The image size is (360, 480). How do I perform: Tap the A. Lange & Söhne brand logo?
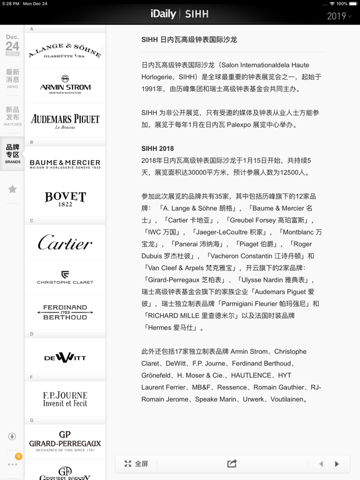click(65, 51)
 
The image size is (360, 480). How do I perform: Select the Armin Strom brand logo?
click(65, 85)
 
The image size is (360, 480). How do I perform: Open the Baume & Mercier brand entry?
click(65, 164)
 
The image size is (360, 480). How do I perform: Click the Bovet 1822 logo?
click(65, 199)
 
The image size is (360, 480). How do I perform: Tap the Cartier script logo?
click(65, 242)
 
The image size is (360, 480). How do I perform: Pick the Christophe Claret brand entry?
click(65, 277)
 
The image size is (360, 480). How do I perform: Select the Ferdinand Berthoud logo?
click(65, 312)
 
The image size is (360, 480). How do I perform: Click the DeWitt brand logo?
click(65, 357)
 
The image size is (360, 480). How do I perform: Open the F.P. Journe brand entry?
click(65, 399)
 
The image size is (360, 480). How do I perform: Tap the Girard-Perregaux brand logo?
click(65, 441)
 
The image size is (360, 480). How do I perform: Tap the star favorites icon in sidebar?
click(12, 189)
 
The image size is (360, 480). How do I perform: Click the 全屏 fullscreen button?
click(136, 464)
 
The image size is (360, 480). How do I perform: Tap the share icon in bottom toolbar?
click(232, 464)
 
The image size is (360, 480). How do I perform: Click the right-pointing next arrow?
click(337, 464)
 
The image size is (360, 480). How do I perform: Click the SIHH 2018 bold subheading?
click(157, 149)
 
